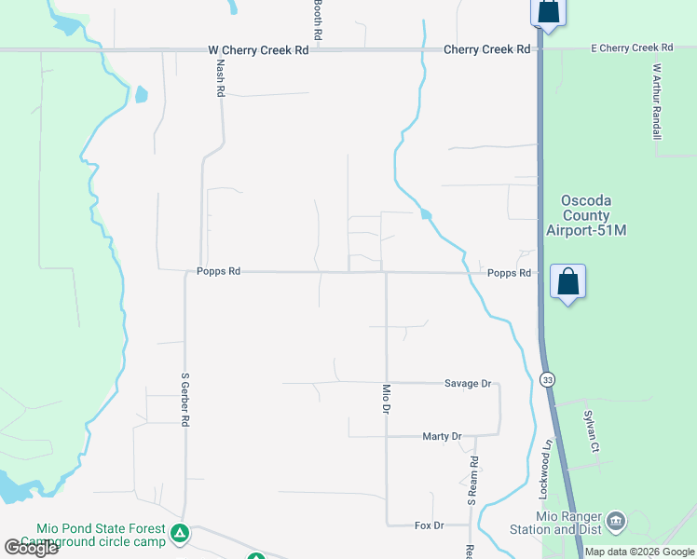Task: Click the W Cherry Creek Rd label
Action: point(257,49)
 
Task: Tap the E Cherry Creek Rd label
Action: point(633,48)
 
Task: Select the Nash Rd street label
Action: point(221,76)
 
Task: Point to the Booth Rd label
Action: point(318,19)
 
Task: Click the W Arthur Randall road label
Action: point(657,102)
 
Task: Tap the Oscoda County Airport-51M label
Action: point(594,215)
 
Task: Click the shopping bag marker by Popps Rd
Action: point(567,281)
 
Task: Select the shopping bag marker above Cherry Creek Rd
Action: point(548,12)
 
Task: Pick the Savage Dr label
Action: point(468,383)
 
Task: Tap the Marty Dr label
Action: point(442,436)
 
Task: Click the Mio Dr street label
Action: point(387,400)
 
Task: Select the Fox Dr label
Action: point(429,525)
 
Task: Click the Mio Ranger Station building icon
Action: point(615,520)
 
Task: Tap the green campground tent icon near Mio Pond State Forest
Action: point(180,534)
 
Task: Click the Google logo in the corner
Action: point(31,547)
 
